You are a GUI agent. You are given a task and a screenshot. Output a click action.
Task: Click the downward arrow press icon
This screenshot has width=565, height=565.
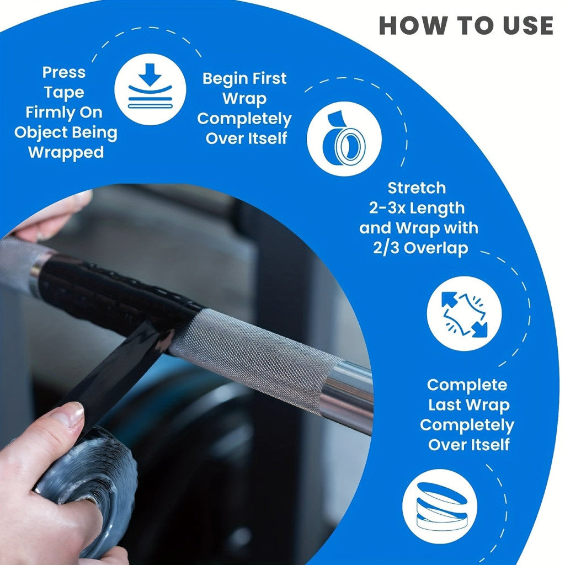(x=150, y=89)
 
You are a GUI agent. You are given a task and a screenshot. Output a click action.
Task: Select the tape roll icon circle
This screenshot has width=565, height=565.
(x=344, y=138)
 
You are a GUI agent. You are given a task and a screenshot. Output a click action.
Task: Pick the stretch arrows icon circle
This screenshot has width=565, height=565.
(x=464, y=313)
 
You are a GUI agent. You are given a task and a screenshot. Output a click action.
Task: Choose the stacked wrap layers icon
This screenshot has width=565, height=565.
(x=440, y=507)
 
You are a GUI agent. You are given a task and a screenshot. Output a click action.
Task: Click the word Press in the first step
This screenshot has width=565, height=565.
(x=64, y=72)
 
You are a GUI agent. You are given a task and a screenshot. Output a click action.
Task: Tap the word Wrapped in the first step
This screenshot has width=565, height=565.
(x=66, y=152)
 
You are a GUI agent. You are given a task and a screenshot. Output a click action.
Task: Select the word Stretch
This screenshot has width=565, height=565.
(x=417, y=188)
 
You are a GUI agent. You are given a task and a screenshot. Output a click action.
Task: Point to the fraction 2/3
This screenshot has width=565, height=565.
(x=385, y=248)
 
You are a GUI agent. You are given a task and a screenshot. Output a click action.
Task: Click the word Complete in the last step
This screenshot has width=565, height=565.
(x=467, y=385)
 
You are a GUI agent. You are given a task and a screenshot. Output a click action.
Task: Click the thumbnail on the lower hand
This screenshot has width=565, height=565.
(x=68, y=414)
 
